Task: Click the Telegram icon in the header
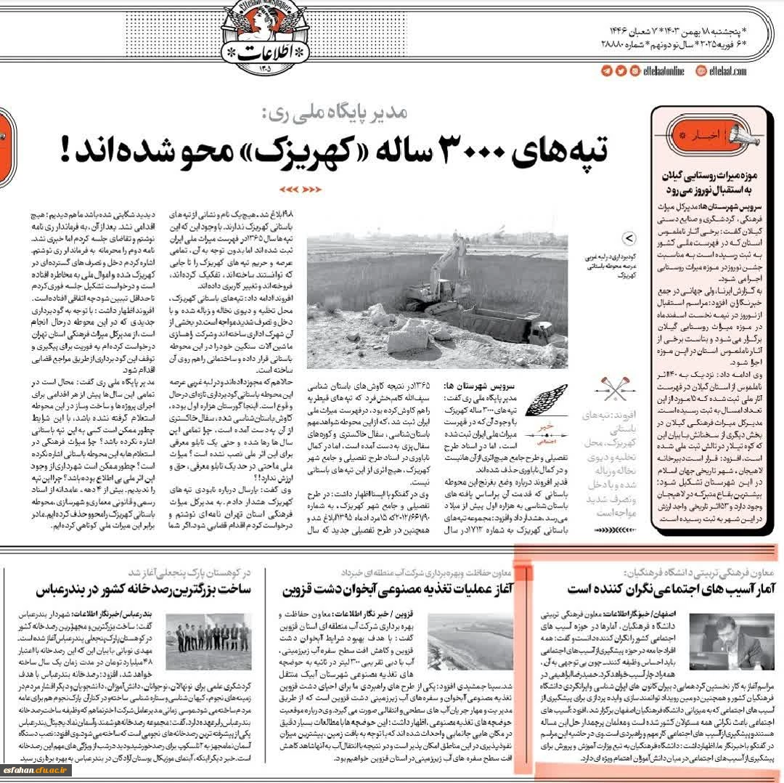607,70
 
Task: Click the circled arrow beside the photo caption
629,238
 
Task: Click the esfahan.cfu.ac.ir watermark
37,770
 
